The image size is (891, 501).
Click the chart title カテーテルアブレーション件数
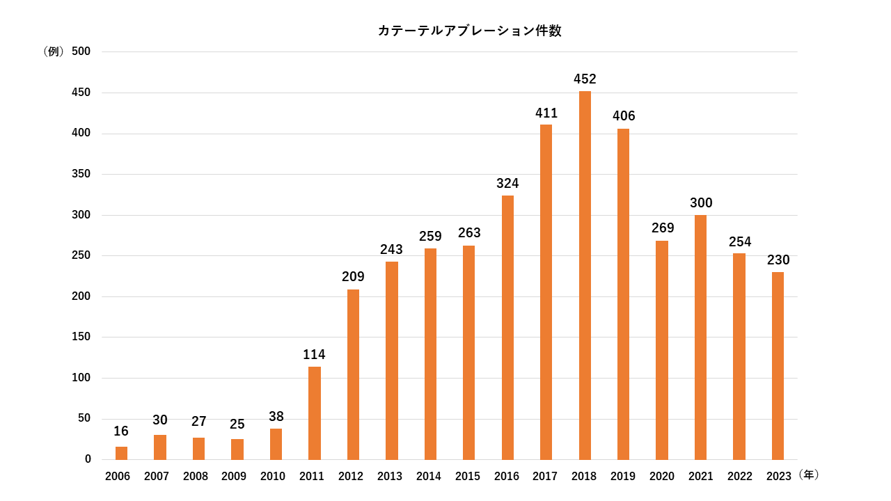(x=469, y=31)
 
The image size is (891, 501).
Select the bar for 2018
(x=585, y=276)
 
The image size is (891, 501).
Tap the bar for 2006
(x=121, y=453)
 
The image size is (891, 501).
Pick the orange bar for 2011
(x=315, y=413)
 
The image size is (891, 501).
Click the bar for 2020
(x=662, y=350)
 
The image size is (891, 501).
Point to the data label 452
(x=585, y=79)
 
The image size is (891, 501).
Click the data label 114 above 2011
(x=314, y=355)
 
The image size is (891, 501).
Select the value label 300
(x=701, y=203)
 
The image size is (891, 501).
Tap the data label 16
(x=121, y=431)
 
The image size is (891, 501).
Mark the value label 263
(x=469, y=233)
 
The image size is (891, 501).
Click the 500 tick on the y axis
(x=81, y=51)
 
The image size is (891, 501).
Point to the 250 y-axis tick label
(x=81, y=255)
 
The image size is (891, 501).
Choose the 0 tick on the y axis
(x=88, y=459)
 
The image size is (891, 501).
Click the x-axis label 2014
(x=429, y=477)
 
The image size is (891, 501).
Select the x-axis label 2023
(x=778, y=477)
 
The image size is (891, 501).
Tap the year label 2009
(x=234, y=477)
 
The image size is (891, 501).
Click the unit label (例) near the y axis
(x=54, y=51)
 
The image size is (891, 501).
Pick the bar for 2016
(x=507, y=328)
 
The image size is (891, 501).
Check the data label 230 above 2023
(x=778, y=260)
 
